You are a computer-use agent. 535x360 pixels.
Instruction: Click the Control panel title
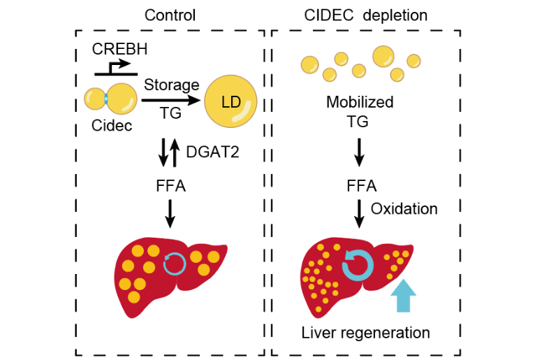(170, 15)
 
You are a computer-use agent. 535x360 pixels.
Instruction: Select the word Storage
(172, 85)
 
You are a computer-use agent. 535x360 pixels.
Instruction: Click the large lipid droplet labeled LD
(230, 103)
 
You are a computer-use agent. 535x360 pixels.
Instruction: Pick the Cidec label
(111, 126)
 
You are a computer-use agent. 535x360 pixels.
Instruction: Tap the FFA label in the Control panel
(170, 187)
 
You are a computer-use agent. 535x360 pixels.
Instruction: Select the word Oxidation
(404, 208)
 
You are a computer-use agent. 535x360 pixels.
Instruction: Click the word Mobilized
(360, 103)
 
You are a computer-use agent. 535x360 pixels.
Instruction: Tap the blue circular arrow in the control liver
(173, 264)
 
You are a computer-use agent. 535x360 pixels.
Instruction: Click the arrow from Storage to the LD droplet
(171, 101)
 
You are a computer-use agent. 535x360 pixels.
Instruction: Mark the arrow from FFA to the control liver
(170, 213)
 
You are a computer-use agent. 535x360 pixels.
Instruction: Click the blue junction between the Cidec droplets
(106, 100)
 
